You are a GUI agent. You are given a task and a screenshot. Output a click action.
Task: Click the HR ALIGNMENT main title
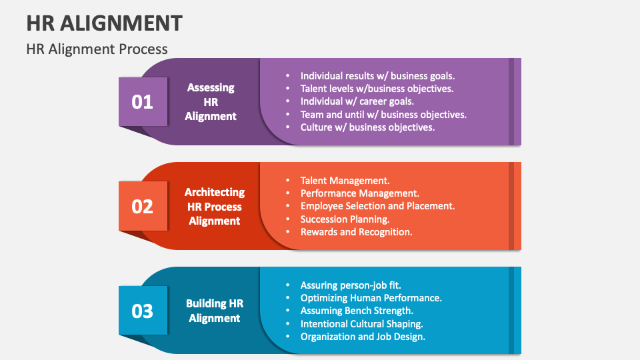tap(105, 23)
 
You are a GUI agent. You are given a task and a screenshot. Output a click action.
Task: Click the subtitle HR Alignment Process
tap(97, 49)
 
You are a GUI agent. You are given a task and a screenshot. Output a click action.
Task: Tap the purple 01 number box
tap(143, 102)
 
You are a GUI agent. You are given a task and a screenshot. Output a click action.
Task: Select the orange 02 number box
tap(143, 206)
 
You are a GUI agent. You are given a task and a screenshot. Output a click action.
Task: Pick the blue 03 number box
tap(143, 311)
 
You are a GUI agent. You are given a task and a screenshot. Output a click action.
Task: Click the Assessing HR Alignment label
tap(211, 101)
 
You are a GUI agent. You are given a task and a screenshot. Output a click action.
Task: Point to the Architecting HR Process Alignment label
tap(215, 206)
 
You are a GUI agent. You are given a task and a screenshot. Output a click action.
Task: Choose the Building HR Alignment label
tap(215, 311)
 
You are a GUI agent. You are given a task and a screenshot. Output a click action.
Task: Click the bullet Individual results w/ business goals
tap(377, 76)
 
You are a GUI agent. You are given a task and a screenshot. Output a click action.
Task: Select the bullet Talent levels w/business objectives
tap(377, 89)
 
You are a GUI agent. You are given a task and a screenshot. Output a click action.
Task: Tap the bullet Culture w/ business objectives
tap(367, 127)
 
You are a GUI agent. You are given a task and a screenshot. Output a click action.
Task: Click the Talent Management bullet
tap(345, 181)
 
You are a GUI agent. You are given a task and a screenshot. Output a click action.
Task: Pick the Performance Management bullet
tap(359, 193)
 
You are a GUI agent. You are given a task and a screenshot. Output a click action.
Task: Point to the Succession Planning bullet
tap(345, 219)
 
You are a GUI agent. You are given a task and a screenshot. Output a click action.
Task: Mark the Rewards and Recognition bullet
tap(356, 232)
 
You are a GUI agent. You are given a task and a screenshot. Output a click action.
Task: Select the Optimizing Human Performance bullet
tap(371, 298)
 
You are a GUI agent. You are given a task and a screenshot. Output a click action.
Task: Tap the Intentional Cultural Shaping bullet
tap(361, 323)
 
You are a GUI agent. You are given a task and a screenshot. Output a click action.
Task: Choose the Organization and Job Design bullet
tap(363, 336)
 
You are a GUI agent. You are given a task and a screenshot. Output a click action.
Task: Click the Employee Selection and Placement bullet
tap(377, 206)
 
